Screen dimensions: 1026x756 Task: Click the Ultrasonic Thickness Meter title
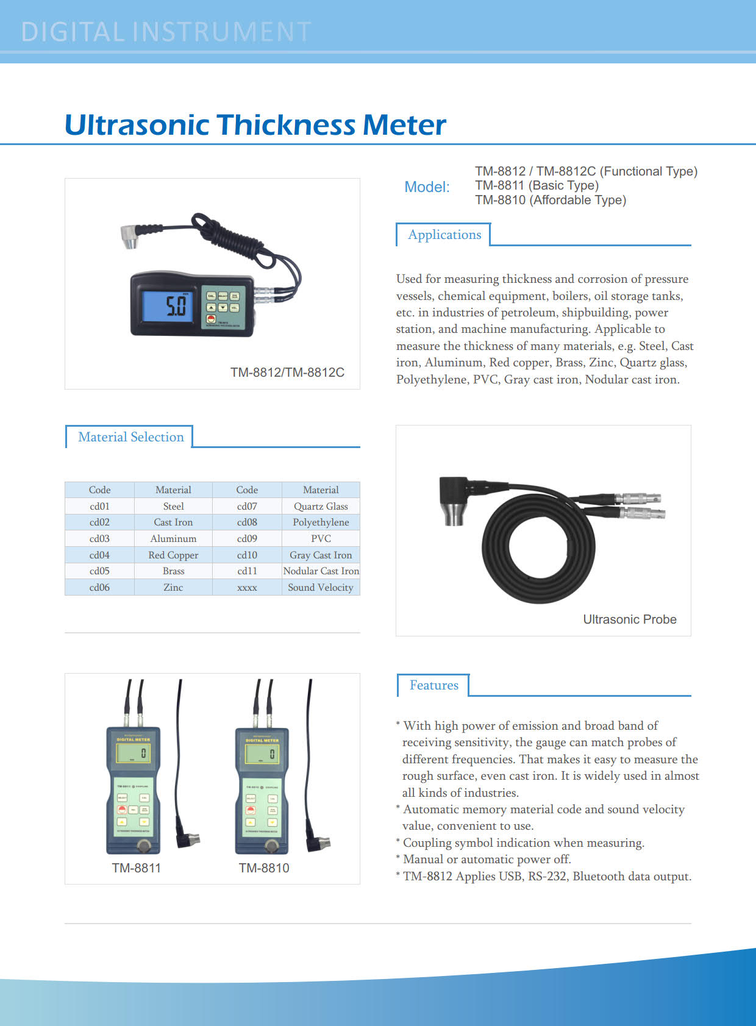click(255, 125)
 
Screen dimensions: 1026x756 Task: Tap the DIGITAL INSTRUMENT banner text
click(166, 32)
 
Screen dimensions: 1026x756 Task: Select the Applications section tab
click(444, 235)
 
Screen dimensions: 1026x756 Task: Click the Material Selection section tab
click(130, 437)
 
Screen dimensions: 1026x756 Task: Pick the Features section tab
click(433, 685)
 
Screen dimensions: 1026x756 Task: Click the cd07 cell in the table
click(247, 506)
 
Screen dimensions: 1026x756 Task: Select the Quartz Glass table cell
click(321, 506)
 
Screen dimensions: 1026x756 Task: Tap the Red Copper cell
click(173, 555)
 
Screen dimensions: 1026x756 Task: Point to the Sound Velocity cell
click(321, 587)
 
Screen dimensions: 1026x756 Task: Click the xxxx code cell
click(247, 587)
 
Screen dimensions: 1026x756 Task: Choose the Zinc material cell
click(173, 587)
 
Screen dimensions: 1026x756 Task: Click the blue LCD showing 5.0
click(168, 306)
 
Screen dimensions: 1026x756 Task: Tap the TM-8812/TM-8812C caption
click(287, 372)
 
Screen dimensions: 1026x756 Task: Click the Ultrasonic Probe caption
click(630, 619)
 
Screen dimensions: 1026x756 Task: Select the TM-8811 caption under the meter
click(137, 868)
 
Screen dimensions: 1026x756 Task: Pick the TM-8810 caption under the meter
click(264, 868)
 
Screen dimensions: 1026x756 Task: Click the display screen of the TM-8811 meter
click(134, 753)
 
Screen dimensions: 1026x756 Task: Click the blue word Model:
click(427, 187)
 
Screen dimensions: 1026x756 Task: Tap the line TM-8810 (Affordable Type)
click(551, 200)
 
